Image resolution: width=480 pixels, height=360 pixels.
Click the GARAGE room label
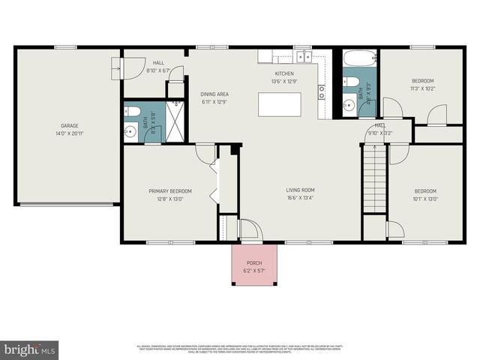69,126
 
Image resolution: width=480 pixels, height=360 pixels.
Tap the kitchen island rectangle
279,104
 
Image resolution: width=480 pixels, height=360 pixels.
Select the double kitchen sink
303,56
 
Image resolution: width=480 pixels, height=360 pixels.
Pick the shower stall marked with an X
175,121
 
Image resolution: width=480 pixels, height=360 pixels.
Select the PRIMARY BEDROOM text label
170,191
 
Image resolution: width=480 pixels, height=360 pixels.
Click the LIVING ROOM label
300,190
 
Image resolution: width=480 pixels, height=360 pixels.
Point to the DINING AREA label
214,94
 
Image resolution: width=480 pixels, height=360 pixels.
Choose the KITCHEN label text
284,73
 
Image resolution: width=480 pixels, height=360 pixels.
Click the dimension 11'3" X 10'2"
423,88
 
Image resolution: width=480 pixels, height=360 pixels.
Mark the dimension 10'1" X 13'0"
425,199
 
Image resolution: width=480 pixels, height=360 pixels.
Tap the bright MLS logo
30,349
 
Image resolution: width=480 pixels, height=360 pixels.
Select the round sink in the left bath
130,130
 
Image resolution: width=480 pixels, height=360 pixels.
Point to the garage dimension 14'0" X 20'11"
69,133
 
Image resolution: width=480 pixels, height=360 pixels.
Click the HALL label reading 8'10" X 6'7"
158,70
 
